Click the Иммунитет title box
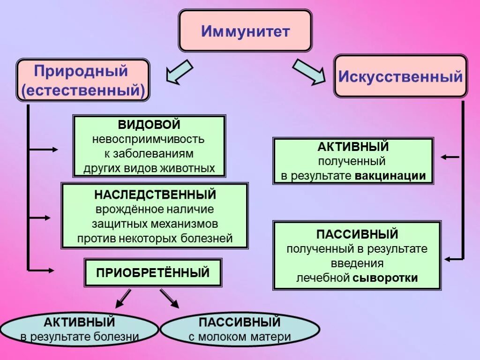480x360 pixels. (245, 31)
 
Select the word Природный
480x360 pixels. (81, 71)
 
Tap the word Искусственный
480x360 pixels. (400, 76)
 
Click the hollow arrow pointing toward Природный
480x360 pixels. (179, 72)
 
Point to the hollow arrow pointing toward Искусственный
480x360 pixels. (309, 72)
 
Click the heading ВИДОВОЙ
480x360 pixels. (149, 125)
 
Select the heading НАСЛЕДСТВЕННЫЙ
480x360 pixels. (155, 194)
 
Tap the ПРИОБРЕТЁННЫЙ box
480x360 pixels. (153, 272)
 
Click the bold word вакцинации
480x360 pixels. (390, 176)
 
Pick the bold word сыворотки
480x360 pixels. (385, 277)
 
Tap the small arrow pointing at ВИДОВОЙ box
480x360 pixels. (45, 150)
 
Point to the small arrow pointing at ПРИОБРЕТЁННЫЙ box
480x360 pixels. (42, 270)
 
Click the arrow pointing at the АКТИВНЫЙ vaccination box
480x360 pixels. (450, 157)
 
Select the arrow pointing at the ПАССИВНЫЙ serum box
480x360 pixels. (454, 259)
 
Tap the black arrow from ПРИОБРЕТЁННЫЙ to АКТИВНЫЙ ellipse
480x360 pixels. (123, 299)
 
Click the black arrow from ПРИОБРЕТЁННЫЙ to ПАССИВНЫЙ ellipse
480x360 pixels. (170, 299)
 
